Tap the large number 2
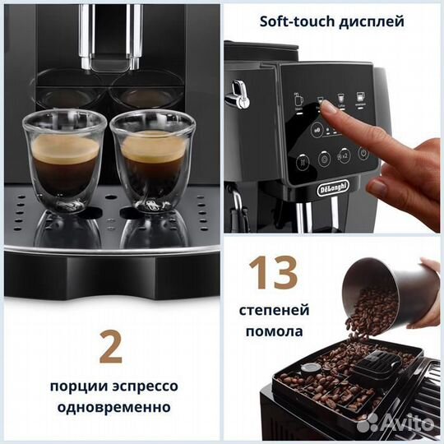(110, 345)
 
